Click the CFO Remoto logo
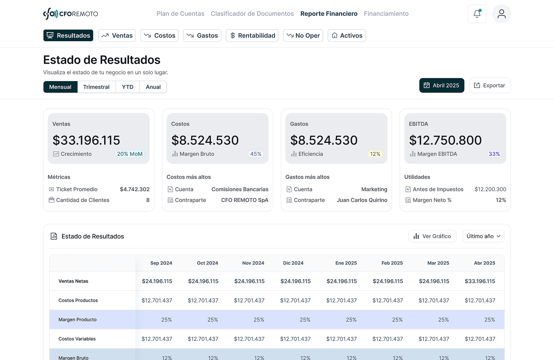tap(70, 14)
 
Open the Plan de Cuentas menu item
tap(180, 14)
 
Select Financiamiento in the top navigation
tap(386, 14)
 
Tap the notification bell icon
tap(477, 14)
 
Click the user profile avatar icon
tap(501, 14)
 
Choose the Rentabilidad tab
tap(252, 36)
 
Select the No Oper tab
tap(303, 36)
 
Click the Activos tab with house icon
tap(347, 36)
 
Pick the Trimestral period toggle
tap(96, 87)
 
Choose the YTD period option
tap(127, 87)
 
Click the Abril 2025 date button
tap(442, 85)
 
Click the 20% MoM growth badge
tap(130, 154)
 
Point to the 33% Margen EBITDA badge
tap(494, 154)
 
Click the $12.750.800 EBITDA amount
tap(445, 140)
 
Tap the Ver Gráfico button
tap(432, 236)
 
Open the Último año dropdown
tap(484, 236)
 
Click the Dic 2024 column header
tap(293, 263)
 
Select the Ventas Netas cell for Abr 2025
tap(480, 281)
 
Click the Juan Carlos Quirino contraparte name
tap(362, 200)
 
